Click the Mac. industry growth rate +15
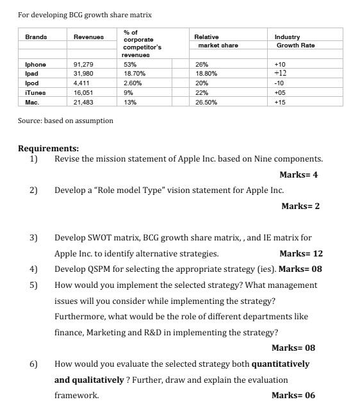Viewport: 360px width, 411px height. click(x=280, y=103)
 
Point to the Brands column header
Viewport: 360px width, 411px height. click(x=36, y=37)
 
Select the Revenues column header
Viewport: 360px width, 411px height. click(x=88, y=37)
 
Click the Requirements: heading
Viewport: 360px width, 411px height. click(x=48, y=149)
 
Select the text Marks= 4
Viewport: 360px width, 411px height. click(x=299, y=175)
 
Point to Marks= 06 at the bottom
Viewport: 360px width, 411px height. click(x=293, y=395)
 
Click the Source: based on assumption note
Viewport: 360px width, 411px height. click(x=65, y=121)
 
